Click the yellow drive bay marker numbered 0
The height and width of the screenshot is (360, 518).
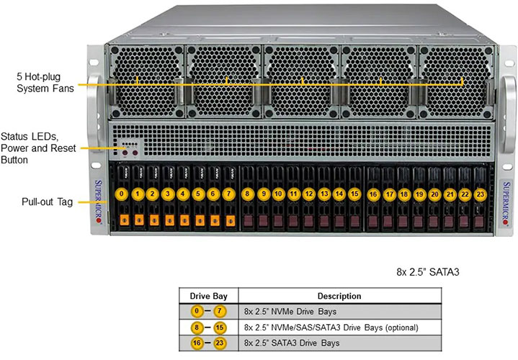(x=122, y=194)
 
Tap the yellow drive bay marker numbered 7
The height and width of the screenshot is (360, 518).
(x=229, y=194)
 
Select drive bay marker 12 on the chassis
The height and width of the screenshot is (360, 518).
(x=308, y=194)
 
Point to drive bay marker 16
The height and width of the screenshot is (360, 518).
(x=373, y=194)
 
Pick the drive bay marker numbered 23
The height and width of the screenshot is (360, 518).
(x=480, y=194)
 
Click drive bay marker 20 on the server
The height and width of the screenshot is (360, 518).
(x=434, y=194)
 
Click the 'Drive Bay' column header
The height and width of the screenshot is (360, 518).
(x=208, y=296)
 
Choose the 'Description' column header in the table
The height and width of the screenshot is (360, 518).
(x=339, y=296)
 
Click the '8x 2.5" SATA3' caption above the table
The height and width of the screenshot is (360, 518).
(x=427, y=272)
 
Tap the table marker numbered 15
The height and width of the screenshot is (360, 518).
(x=223, y=327)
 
